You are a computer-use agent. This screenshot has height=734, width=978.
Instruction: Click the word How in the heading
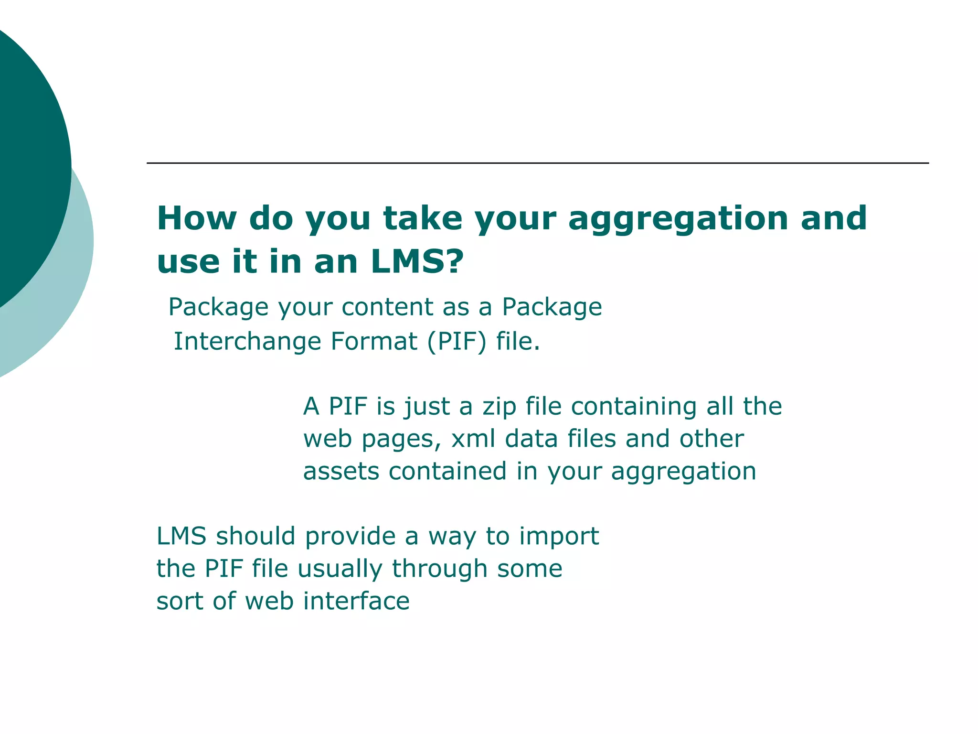197,219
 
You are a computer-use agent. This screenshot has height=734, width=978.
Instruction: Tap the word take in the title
423,219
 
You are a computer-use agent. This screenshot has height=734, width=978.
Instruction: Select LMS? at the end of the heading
417,262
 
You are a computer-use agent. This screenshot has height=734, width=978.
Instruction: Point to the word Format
374,341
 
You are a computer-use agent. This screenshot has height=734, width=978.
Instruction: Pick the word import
559,536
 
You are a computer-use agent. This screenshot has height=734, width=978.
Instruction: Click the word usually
340,569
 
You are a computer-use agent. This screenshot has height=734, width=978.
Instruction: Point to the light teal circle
72,287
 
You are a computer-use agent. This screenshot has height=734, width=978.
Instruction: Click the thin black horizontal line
537,163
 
